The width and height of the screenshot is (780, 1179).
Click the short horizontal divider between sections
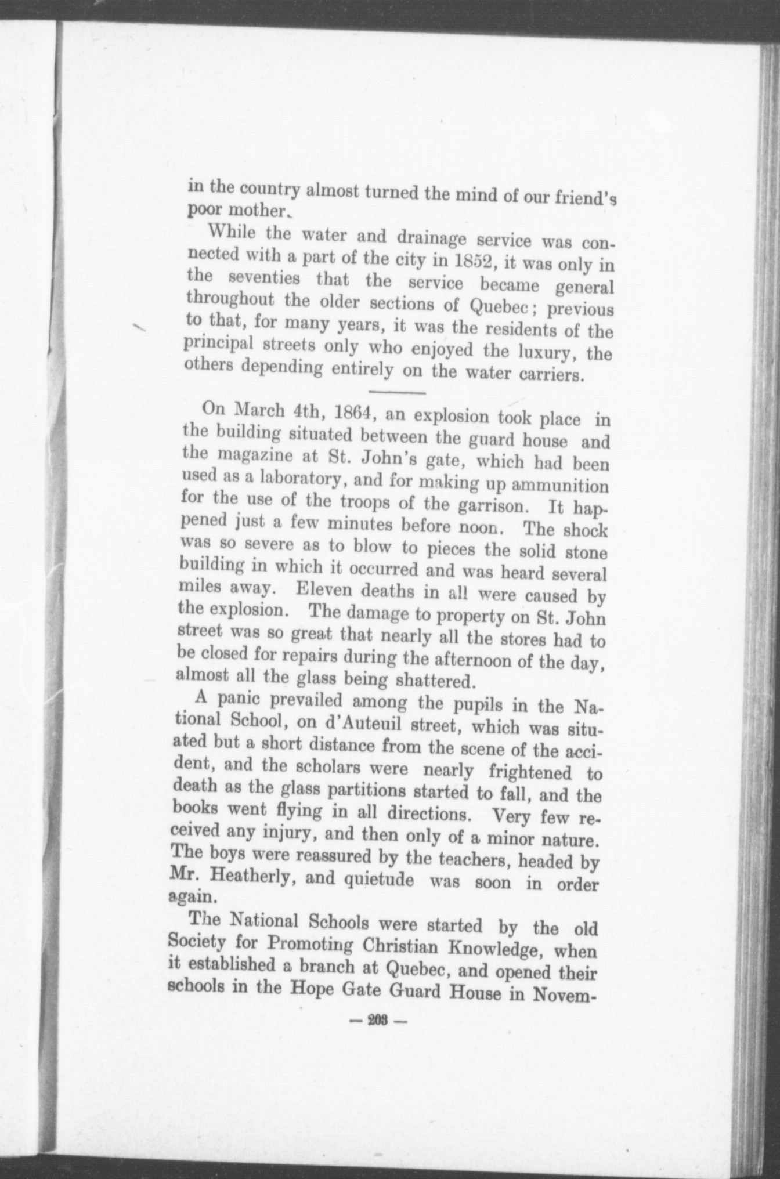(x=398, y=393)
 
